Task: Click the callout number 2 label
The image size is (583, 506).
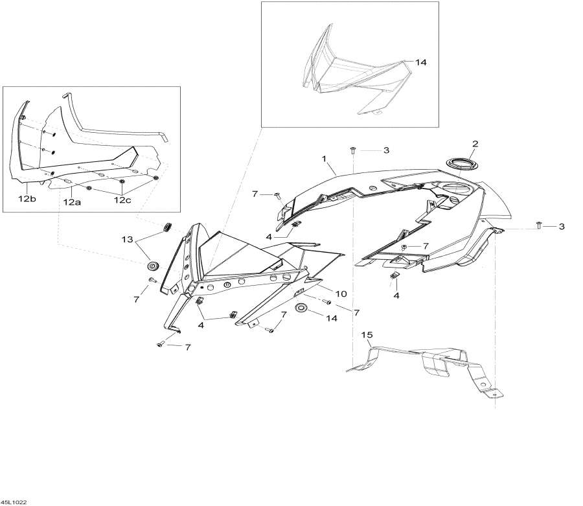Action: [x=475, y=143]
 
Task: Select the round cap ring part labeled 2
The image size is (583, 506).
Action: [x=460, y=163]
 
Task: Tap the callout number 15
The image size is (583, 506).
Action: [x=367, y=335]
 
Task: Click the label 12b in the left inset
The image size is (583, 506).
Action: [x=27, y=199]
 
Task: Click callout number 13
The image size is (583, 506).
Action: [x=126, y=240]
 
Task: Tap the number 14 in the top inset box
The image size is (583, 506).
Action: [x=421, y=63]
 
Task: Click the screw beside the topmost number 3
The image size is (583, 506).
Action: [x=353, y=150]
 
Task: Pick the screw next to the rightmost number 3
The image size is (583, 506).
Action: [x=539, y=225]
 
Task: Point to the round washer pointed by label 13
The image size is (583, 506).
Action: [x=154, y=266]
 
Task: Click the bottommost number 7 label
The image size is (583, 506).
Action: [x=187, y=348]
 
